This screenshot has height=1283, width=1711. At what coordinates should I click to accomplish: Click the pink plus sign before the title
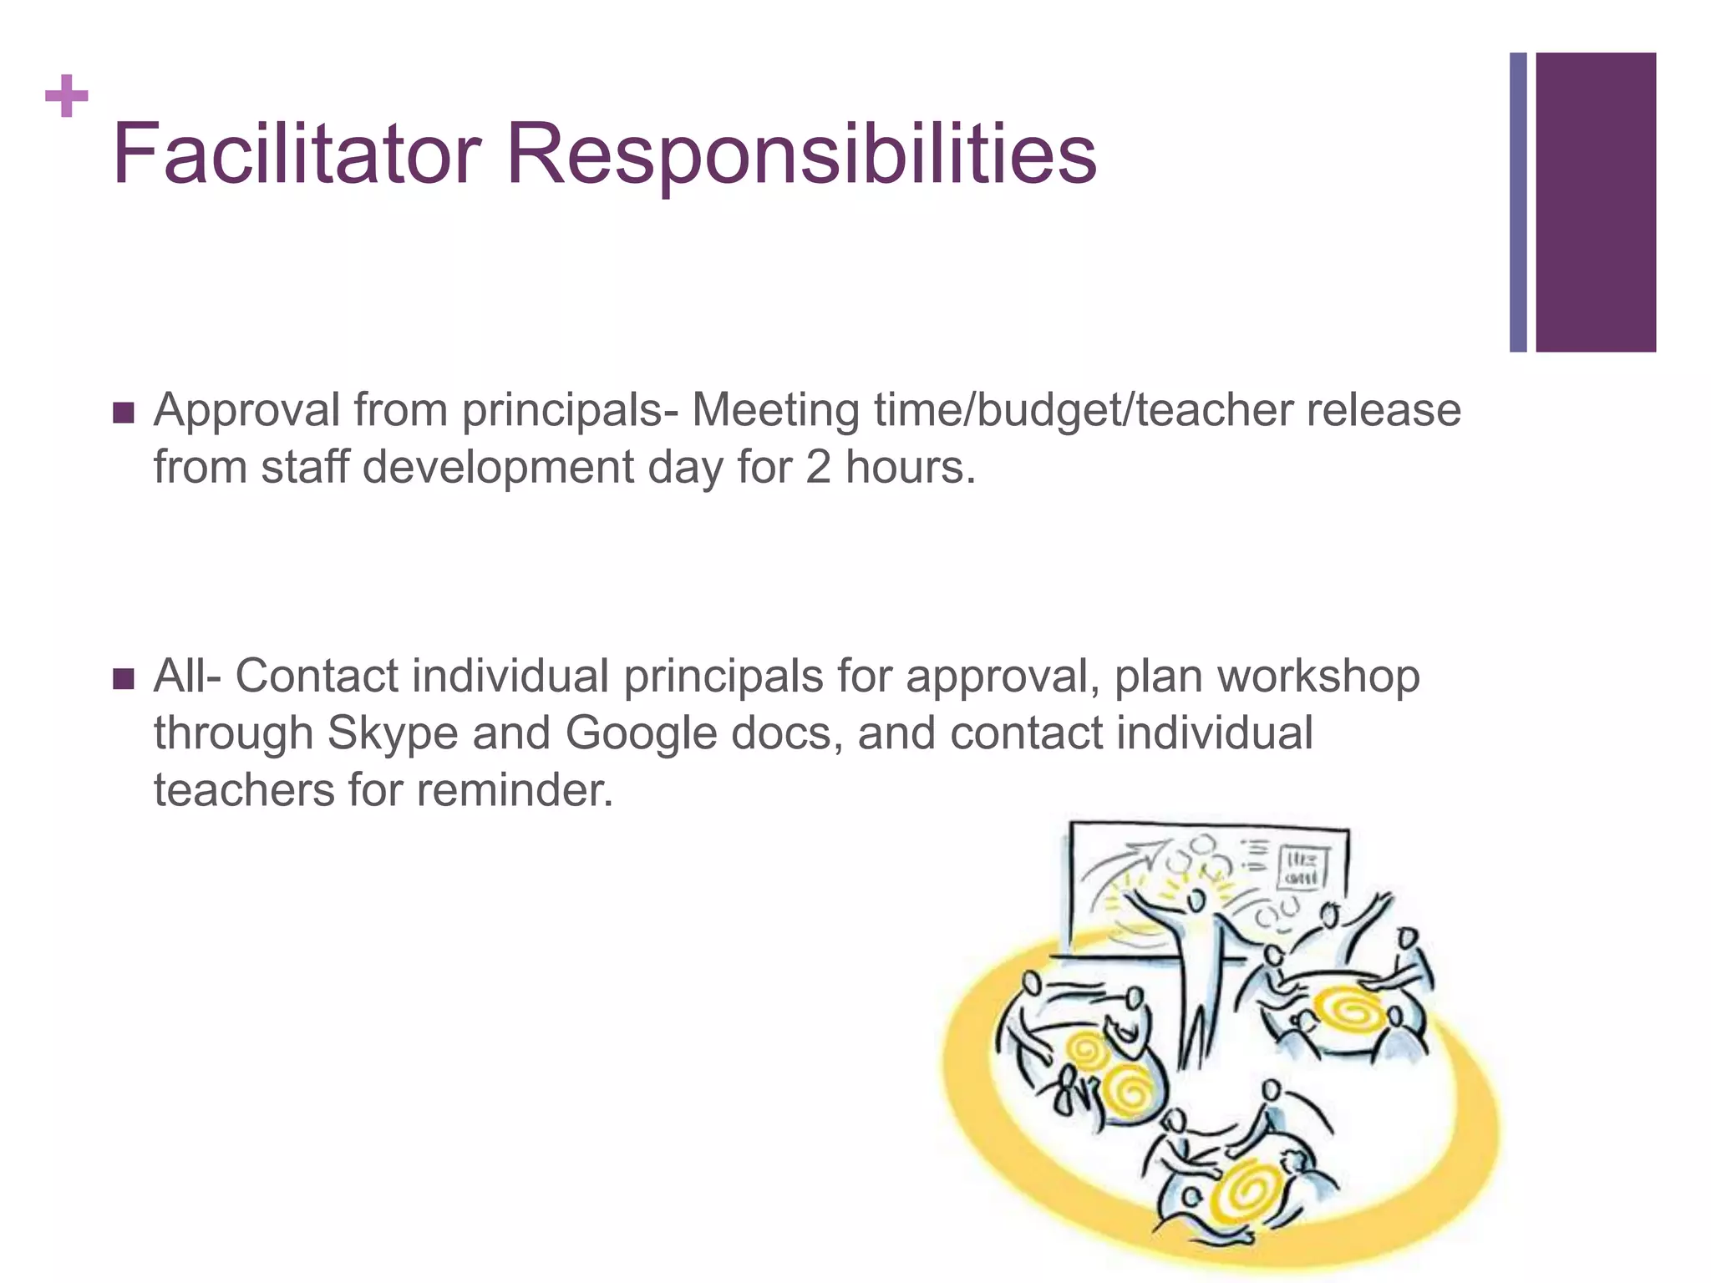pos(67,96)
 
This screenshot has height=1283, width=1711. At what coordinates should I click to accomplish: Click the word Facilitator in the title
pos(297,154)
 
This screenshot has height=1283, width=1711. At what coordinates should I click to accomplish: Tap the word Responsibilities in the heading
pos(801,155)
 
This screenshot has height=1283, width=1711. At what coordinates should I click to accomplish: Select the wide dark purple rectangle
pos(1595,202)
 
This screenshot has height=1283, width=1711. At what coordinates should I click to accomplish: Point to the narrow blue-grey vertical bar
pos(1518,202)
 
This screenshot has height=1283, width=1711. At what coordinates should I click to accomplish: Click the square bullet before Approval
pos(123,413)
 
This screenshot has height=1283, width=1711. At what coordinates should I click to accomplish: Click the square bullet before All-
pos(123,678)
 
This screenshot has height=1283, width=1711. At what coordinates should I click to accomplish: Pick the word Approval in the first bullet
pos(246,411)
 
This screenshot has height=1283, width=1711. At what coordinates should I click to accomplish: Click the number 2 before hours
pos(818,467)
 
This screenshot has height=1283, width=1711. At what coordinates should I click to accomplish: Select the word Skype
pos(393,733)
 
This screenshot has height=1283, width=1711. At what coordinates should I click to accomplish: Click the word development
pos(498,467)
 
